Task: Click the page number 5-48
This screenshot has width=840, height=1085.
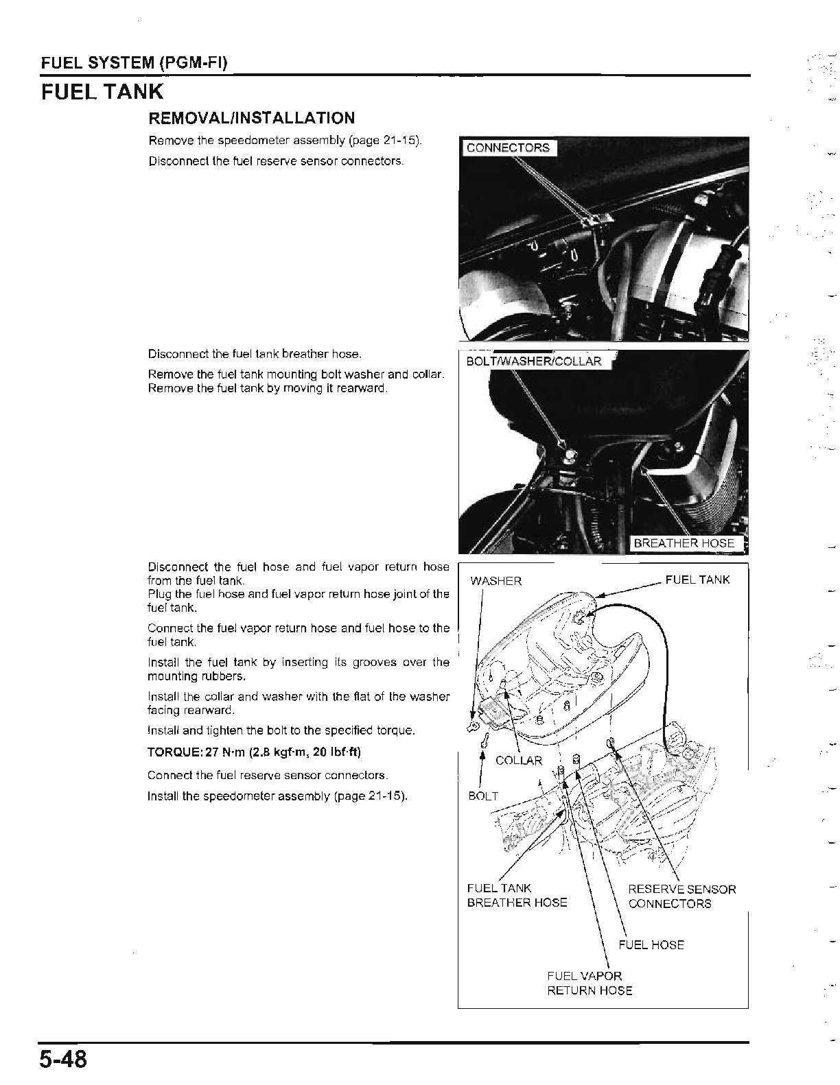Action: (63, 1059)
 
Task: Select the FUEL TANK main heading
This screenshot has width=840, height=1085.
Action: (102, 92)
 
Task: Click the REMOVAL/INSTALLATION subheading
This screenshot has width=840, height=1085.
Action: (252, 118)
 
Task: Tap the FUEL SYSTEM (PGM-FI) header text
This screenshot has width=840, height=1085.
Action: (135, 64)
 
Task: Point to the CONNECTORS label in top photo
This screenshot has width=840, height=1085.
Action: (508, 147)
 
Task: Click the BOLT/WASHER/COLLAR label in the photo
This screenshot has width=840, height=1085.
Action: (533, 361)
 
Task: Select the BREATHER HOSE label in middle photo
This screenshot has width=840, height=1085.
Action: (684, 543)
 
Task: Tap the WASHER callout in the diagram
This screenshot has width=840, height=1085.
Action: (495, 581)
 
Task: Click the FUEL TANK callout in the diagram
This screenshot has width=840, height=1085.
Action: (697, 580)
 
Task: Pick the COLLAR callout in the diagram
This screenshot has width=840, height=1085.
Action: (518, 760)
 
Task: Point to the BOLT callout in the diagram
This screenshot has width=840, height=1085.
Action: (483, 796)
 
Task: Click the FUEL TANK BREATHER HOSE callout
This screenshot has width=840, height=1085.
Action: (517, 896)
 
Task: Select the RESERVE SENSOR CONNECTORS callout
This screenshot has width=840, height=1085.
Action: (681, 896)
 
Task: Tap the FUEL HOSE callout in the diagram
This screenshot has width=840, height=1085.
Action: (651, 944)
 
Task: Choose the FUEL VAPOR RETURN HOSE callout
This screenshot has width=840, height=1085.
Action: (590, 983)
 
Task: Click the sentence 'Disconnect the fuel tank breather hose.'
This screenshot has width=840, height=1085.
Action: (255, 355)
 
